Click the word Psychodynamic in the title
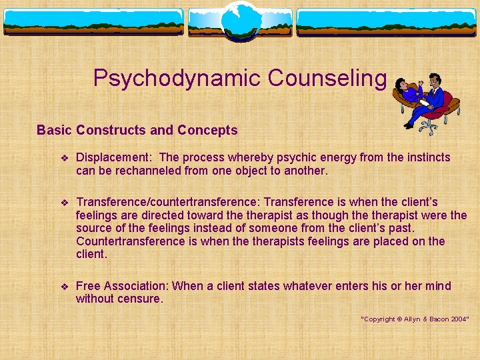click(177, 79)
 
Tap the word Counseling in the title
click(327, 79)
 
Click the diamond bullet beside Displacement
click(65, 158)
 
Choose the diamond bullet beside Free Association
click(65, 287)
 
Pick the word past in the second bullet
click(399, 228)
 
